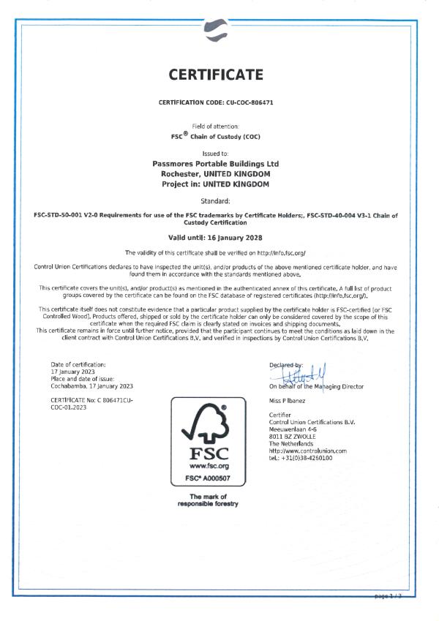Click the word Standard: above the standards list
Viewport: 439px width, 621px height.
[219, 199]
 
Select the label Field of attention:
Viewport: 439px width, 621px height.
[219, 127]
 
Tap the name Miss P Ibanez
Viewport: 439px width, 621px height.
[288, 402]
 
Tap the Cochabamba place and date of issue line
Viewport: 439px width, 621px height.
[92, 385]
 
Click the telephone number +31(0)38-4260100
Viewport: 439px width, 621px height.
[301, 458]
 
